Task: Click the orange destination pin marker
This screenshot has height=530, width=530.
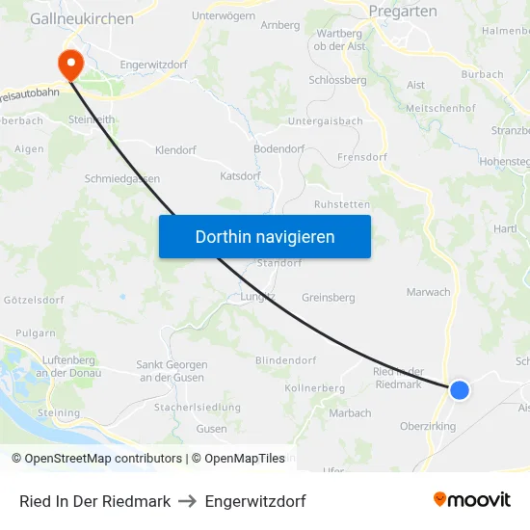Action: coord(70,64)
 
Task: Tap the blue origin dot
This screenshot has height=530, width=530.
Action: coord(460,389)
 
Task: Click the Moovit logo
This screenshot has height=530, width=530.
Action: coord(471,500)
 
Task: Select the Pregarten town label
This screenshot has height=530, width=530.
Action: coord(403,12)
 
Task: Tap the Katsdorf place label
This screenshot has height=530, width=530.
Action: coord(240,176)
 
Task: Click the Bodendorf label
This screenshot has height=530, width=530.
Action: coord(280,149)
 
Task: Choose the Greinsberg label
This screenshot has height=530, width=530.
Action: coord(329,298)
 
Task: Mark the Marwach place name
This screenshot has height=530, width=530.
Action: coord(428,292)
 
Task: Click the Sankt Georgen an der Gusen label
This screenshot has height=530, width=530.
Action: coord(172,371)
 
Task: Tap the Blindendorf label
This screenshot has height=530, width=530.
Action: coord(285,360)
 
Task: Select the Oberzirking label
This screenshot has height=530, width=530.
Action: coord(428,426)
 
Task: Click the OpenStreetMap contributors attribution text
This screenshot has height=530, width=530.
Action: coord(103,459)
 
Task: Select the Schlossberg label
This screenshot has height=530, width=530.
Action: coord(336,81)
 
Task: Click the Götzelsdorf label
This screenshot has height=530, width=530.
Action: coord(34,301)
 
